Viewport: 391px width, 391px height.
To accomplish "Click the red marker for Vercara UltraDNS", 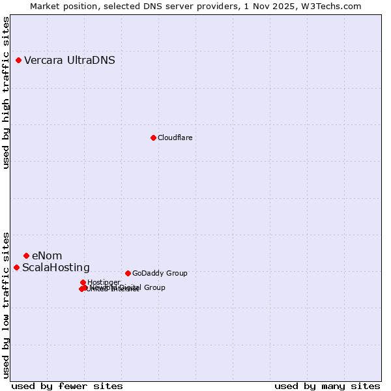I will (x=18, y=61).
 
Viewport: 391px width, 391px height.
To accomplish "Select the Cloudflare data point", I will (x=153, y=138).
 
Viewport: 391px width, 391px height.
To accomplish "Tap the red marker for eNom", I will (x=26, y=255).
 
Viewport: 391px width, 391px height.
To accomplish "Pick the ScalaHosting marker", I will (x=16, y=267).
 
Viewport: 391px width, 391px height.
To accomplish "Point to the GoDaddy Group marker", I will (x=128, y=273).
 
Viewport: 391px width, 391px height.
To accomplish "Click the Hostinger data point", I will (x=83, y=282).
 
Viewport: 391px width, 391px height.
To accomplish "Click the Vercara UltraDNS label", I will (x=70, y=61).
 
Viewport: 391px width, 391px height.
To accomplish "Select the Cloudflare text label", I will (x=175, y=138).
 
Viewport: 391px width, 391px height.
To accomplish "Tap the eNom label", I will (x=47, y=255).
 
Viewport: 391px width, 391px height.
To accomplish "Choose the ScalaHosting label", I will (x=56, y=268).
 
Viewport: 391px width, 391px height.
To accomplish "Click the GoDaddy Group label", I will (x=160, y=273).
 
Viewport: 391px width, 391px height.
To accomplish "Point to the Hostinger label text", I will (x=104, y=282).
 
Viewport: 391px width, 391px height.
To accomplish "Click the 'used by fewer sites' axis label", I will (x=67, y=386).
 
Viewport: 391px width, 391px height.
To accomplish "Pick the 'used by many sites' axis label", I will (x=327, y=386).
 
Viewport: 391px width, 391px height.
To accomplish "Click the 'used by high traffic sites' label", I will (x=6, y=93).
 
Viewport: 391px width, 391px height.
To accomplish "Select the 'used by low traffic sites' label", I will (x=6, y=305).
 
